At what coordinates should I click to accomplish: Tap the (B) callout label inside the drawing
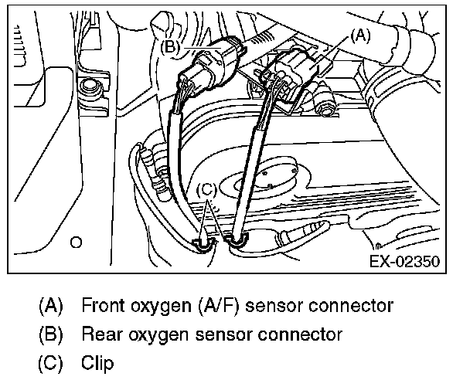pyautogui.click(x=172, y=46)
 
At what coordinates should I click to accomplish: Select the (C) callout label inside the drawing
pyautogui.click(x=205, y=188)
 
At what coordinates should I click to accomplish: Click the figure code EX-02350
pyautogui.click(x=406, y=262)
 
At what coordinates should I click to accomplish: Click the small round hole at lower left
pyautogui.click(x=76, y=243)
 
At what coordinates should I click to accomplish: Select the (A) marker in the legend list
pyautogui.click(x=50, y=306)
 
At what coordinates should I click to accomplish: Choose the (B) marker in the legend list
pyautogui.click(x=50, y=334)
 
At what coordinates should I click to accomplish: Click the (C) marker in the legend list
pyautogui.click(x=50, y=362)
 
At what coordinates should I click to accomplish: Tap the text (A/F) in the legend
pyautogui.click(x=219, y=306)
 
